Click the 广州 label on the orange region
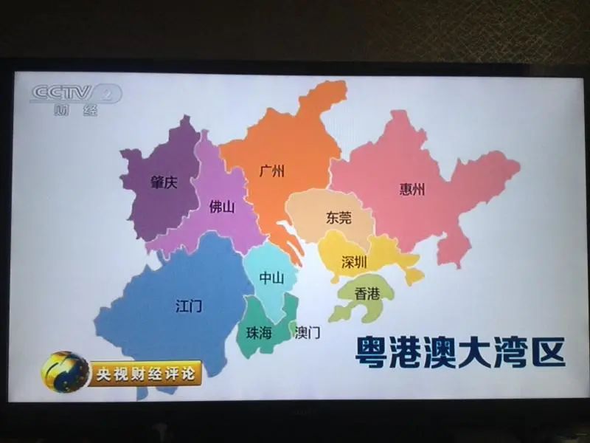pos(272,172)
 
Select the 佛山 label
pos(221,207)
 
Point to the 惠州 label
pos(412,189)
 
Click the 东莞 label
pos(339,218)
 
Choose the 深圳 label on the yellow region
pos(354,262)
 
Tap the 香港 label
pos(367,294)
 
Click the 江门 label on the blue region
pos(189,305)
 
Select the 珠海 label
pos(259,333)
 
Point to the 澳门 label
pos(308,333)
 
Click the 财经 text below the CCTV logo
pos(75,111)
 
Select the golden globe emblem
pos(65,371)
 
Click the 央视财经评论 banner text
pos(145,373)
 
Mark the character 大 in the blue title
pos(461,352)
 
